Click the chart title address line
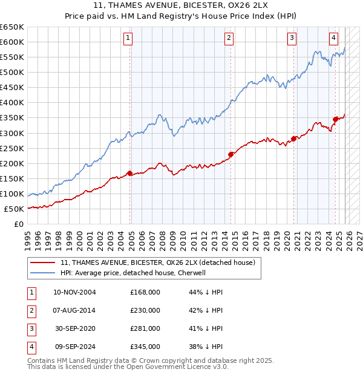181,6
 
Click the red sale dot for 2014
231,154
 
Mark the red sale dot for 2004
129,173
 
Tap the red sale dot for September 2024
335,119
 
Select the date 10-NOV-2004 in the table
74,292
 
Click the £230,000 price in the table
145,310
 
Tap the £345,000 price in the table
145,347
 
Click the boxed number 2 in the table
31,310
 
